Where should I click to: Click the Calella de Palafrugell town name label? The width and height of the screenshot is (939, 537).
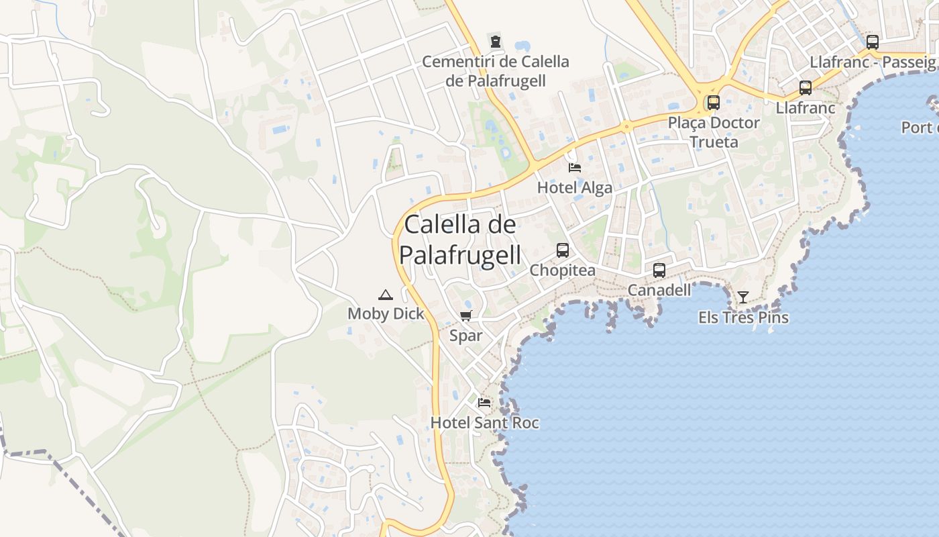460,240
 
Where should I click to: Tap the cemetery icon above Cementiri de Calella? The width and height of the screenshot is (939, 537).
495,41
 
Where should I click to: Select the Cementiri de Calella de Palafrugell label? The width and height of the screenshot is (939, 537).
495,71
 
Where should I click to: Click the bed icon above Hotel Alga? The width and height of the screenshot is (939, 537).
575,167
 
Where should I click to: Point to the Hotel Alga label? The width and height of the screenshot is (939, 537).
575,188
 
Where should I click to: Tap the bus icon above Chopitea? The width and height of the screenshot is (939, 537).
562,250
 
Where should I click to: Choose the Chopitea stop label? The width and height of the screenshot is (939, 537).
562,271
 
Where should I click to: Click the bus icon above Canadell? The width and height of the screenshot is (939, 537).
659,271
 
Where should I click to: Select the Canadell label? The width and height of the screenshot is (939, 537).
659,291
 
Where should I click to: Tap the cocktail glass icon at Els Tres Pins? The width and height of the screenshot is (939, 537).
743,297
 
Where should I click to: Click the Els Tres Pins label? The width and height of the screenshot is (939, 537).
743,318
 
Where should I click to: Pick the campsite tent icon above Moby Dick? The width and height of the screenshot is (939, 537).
386,294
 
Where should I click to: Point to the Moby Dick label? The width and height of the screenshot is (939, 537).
386,313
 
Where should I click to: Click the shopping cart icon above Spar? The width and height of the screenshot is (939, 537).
466,315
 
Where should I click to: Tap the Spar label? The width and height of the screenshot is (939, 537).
466,336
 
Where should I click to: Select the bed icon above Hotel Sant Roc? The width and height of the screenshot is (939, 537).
484,403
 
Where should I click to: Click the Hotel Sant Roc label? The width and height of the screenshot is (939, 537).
484,423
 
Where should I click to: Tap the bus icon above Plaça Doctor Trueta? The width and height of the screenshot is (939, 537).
714,103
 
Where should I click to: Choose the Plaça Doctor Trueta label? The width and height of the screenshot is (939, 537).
714,132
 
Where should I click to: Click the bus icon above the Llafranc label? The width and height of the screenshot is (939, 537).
806,88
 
